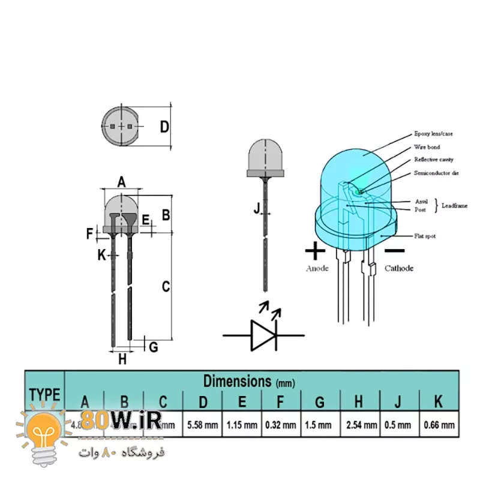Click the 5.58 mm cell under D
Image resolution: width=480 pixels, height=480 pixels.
click(x=202, y=425)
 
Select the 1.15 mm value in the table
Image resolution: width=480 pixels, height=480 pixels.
click(x=241, y=425)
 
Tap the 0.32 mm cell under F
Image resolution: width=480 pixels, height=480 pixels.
click(x=280, y=425)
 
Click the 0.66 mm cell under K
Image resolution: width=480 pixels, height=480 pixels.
click(x=439, y=425)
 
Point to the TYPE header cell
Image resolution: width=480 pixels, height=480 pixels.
click(x=44, y=394)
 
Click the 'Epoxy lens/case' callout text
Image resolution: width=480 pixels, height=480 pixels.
click(x=433, y=134)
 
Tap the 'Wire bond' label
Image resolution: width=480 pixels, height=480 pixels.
click(x=427, y=147)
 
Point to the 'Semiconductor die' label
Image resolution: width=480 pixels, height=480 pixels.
click(x=436, y=173)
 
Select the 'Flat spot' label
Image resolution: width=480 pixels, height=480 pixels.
click(x=425, y=236)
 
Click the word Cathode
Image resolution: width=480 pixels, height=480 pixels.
click(x=399, y=268)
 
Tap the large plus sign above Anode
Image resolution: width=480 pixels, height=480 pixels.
click(x=316, y=250)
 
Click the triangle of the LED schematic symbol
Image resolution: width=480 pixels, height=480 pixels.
click(x=262, y=335)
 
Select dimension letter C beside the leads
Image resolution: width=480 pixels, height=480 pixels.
click(x=166, y=287)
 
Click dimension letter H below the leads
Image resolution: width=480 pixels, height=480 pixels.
click(x=122, y=359)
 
